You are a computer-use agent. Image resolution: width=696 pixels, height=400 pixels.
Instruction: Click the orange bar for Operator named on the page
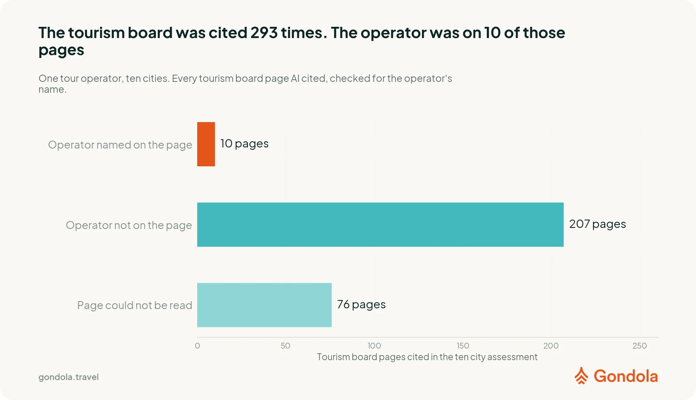point(206,144)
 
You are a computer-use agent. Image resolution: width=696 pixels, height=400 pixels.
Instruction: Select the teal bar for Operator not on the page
point(380,225)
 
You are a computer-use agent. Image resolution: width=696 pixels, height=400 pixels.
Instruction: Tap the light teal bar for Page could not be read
point(264,305)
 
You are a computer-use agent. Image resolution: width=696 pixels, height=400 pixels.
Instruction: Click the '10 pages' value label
point(244,144)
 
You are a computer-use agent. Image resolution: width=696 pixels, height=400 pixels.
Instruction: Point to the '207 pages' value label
point(597,224)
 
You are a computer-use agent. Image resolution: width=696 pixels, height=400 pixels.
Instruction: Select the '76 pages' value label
point(361,305)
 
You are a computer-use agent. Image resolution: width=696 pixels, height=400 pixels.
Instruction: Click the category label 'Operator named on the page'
point(120,145)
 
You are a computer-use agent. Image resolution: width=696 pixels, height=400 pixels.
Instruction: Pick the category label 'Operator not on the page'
point(129,225)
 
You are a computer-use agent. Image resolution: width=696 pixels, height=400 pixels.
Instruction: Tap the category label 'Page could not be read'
point(134,305)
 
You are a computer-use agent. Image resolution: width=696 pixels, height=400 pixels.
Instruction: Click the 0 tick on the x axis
point(197,346)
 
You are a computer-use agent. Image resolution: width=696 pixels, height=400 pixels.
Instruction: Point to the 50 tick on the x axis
point(285,346)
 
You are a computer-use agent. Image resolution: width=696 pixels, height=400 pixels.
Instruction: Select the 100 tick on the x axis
point(374,346)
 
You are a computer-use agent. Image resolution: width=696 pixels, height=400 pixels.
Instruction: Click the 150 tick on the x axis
point(463,346)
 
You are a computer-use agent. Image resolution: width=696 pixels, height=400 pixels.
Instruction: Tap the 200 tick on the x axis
point(551,346)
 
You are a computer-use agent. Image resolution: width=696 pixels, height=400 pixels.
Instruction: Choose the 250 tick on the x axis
point(639,346)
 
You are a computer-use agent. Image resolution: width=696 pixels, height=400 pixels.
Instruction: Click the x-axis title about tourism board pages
point(427,357)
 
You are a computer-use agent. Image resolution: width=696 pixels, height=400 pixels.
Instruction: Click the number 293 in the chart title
point(264,33)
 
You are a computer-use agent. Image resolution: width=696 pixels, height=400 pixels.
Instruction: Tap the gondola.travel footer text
point(69,377)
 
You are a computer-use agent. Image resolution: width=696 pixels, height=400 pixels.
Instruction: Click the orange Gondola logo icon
point(581,376)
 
